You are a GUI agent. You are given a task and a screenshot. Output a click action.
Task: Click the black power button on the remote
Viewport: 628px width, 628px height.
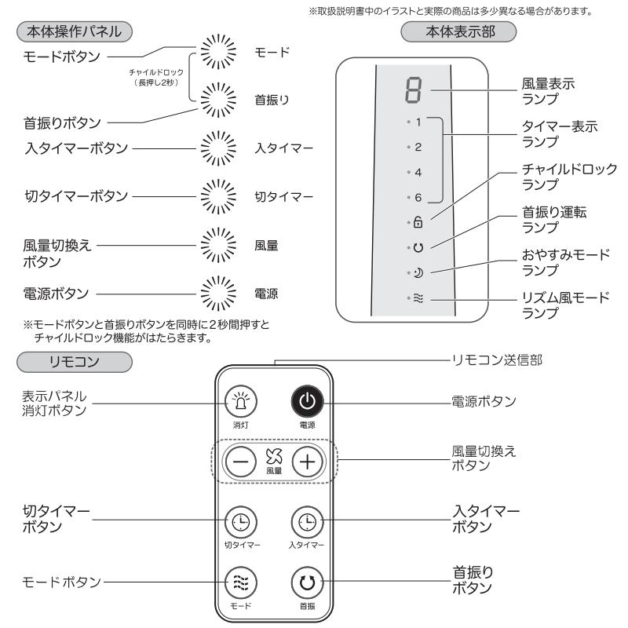pos(308,402)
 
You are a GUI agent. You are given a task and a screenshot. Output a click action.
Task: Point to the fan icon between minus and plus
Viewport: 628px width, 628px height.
pos(274,457)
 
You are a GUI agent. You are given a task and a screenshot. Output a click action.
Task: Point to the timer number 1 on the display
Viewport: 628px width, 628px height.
pos(418,122)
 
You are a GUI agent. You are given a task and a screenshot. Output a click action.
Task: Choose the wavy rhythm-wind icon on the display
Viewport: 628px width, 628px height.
pos(418,298)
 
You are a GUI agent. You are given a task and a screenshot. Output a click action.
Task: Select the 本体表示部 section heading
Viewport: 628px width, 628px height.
pos(458,34)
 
